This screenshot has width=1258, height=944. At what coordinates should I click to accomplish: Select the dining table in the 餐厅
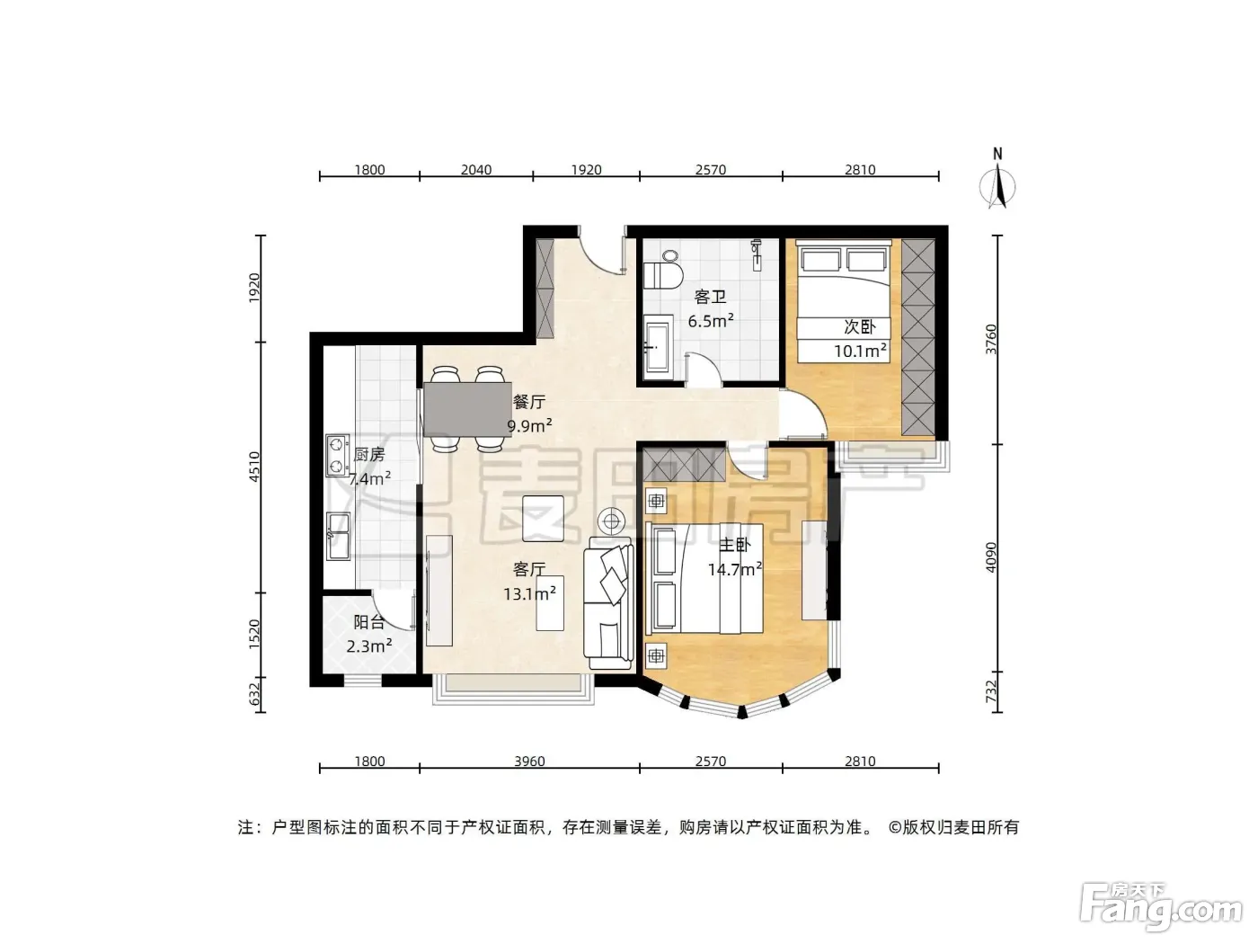(467, 409)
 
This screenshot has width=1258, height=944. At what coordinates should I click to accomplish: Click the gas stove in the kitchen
(338, 455)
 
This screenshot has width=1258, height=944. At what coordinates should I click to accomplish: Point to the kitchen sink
(338, 536)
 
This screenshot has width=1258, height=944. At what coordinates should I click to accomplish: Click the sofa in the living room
(608, 603)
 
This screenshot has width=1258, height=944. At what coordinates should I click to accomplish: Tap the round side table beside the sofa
(612, 521)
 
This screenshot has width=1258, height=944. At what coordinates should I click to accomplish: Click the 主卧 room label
(734, 544)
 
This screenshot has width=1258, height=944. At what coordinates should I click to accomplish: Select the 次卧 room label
(860, 326)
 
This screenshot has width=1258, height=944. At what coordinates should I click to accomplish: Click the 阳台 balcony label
(368, 622)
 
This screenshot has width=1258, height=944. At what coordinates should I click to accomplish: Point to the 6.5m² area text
(711, 320)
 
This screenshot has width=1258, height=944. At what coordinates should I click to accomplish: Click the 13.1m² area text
(529, 593)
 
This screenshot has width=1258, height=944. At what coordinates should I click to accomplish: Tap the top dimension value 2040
(475, 170)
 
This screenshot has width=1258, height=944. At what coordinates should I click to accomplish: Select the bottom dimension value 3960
(529, 761)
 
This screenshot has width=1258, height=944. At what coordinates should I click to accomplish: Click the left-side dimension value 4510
(254, 467)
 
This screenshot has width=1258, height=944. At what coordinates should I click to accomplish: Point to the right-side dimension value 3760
(991, 339)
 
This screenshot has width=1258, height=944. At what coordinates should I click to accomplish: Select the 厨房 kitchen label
(368, 455)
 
